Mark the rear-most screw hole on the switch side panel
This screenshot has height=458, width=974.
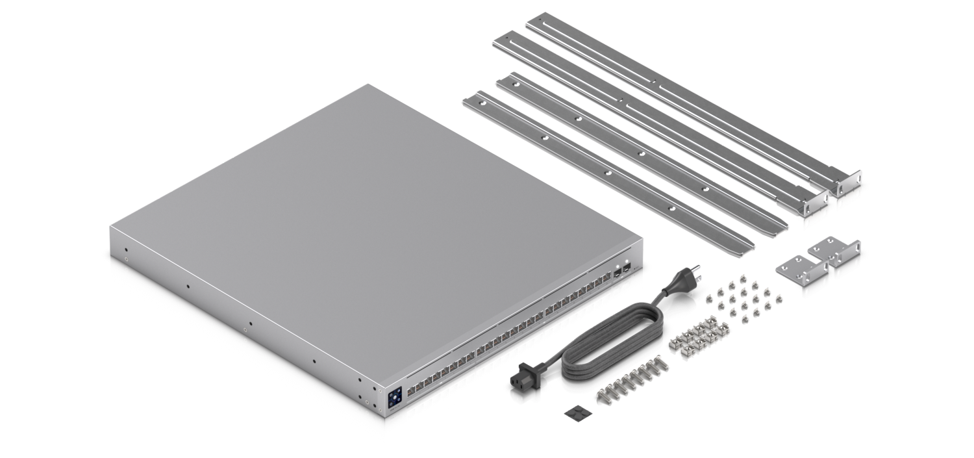coord(126,249)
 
